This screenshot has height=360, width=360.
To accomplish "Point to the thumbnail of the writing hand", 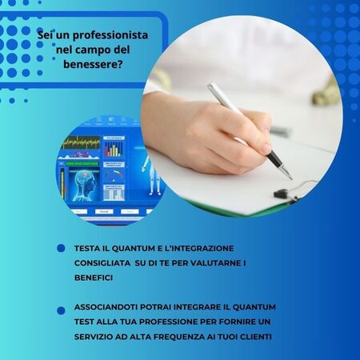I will tap(240, 120).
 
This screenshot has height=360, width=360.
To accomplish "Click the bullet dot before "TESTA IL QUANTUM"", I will tap(61, 249).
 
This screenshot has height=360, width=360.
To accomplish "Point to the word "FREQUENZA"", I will tap(198, 336).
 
